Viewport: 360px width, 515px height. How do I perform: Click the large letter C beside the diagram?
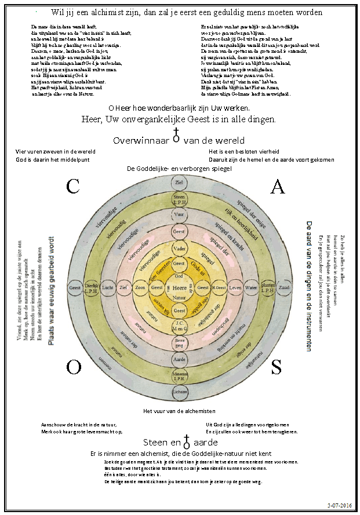pyautogui.click(x=72, y=187)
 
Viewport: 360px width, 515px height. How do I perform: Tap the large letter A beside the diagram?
pyautogui.click(x=278, y=187)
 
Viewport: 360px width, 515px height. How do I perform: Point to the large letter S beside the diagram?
pyautogui.click(x=277, y=367)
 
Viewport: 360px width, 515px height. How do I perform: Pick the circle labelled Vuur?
pyautogui.click(x=179, y=214)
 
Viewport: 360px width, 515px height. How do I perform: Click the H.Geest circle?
pyautogui.click(x=219, y=287)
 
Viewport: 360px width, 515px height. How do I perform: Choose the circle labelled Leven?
pyautogui.click(x=235, y=287)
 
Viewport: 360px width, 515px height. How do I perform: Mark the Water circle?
pyautogui.click(x=251, y=287)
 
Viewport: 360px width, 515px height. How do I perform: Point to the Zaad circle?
pyautogui.click(x=283, y=287)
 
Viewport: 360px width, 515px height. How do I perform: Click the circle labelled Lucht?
pyautogui.click(x=107, y=287)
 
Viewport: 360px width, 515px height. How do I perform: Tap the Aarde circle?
pyautogui.click(x=179, y=360)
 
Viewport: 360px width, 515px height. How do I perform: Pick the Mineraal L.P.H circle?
pyautogui.click(x=179, y=377)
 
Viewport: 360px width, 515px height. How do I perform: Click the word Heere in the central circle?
pyautogui.click(x=179, y=287)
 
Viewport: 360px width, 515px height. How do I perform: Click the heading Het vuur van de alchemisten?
pyautogui.click(x=179, y=411)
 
